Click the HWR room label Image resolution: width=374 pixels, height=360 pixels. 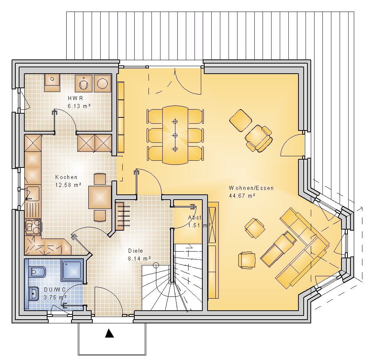click(x=76, y=98)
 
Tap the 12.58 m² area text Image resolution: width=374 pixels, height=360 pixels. click(x=68, y=185)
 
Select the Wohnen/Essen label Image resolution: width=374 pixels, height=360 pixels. click(x=251, y=188)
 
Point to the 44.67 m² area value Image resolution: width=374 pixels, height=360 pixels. click(x=242, y=196)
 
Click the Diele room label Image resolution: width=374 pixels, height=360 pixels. click(x=135, y=251)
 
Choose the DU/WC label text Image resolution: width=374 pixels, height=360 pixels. click(x=55, y=290)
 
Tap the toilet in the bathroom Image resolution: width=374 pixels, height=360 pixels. click(x=37, y=271)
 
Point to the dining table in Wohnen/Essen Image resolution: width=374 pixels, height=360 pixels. click(x=175, y=135)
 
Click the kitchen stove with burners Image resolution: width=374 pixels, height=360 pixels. click(x=33, y=227)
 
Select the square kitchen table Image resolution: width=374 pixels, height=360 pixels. click(x=100, y=197)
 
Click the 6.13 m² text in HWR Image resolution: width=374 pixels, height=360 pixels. click(x=79, y=106)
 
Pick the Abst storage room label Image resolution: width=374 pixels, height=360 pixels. click(x=194, y=218)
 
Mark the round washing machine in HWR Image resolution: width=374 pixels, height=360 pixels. click(x=102, y=83)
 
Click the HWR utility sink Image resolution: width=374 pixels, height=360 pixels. click(x=52, y=83)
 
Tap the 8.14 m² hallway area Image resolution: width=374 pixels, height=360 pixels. click(x=139, y=258)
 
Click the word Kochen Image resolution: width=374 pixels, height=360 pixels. click(x=66, y=177)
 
